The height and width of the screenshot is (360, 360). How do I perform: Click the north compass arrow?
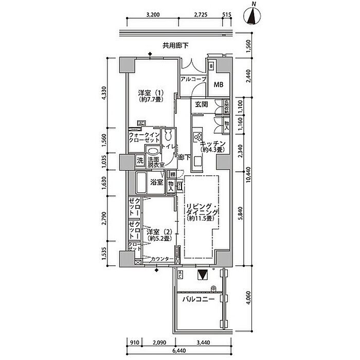coord(253,16)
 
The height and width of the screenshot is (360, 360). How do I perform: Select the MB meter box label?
coord(218,85)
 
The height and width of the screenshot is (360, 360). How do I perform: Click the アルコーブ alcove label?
coord(193,79)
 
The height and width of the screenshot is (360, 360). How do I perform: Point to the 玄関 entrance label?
coord(202,104)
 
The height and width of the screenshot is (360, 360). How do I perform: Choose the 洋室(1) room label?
coord(150,97)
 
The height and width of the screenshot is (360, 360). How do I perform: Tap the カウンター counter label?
coord(160,259)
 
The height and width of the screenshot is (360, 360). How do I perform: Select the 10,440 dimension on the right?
coord(249,177)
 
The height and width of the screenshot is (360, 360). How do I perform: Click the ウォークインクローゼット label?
coord(144,138)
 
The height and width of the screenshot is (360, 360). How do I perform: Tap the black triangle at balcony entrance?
coord(203,274)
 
